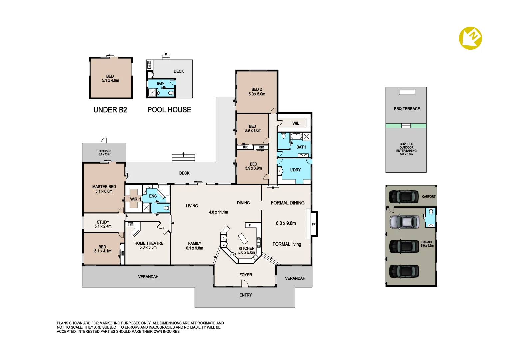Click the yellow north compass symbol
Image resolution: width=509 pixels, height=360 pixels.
470,38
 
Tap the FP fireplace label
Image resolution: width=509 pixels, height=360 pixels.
313,224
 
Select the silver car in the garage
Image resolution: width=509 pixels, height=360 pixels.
404,222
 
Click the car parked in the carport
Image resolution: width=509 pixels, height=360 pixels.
404,197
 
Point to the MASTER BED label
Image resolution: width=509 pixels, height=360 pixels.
104,187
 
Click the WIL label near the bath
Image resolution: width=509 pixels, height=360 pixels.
295,123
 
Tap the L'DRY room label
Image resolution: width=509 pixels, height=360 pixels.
295,170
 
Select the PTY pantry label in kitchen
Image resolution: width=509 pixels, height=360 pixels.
232,255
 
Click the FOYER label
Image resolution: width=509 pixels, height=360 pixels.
246,275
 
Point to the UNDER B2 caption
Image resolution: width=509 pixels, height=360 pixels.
110,110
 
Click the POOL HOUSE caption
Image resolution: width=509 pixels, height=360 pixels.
169,110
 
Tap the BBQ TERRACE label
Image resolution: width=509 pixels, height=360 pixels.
407,109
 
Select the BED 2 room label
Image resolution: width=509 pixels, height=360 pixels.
256,89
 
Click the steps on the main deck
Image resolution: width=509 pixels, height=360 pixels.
183,158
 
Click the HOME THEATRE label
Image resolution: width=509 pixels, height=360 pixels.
149,243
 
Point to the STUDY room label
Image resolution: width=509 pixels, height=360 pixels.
103,222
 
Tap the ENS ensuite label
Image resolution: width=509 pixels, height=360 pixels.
153,196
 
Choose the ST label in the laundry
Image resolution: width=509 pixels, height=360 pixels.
280,171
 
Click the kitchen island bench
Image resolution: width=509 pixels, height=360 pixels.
243,239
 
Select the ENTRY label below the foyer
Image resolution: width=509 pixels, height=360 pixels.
246,295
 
